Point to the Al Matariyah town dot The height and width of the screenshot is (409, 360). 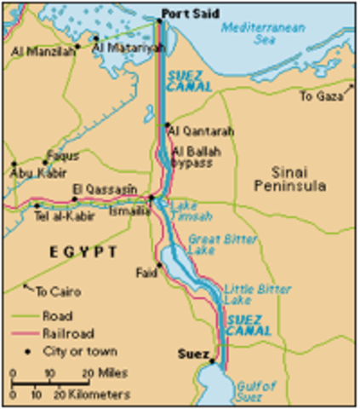coord(96,38)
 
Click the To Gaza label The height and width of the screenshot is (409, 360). coord(321,96)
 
